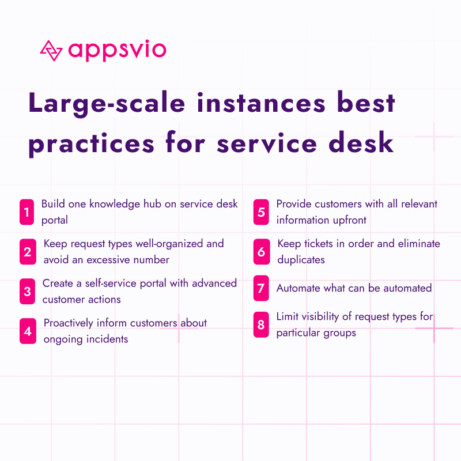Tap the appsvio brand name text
coord(117,50)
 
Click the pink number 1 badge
coord(27,212)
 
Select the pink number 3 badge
coord(27,292)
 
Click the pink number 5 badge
coord(261,212)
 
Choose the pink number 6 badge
coord(261,252)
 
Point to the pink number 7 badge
coord(261,288)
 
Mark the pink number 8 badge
coord(261,325)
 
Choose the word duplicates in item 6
coord(301,260)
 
